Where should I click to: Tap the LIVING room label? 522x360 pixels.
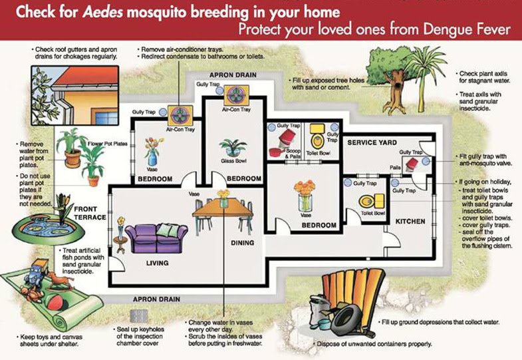point(157,263)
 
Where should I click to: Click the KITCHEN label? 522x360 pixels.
point(410,220)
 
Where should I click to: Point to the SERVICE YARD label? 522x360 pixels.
point(372,142)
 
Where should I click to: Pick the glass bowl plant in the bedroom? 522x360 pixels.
point(233,148)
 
